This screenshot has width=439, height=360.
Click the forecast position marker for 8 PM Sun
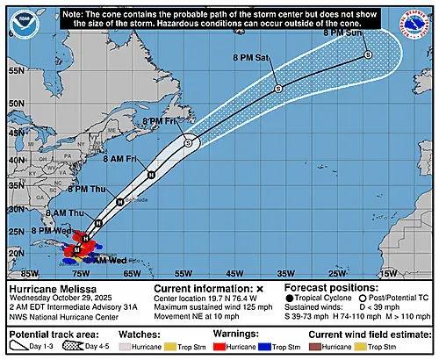point(368,54)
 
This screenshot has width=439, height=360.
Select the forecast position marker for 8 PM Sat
point(277,88)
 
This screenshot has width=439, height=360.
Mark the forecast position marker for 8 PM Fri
point(188,140)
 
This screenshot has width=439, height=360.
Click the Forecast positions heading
point(326,288)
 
